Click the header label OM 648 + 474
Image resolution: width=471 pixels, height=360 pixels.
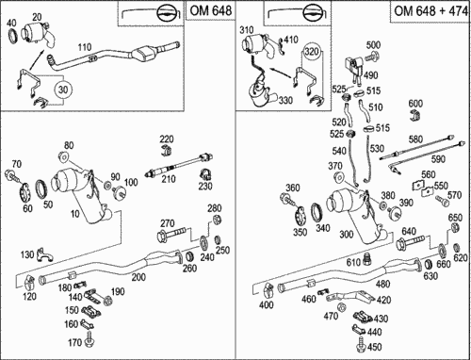pyautogui.click(x=430, y=11)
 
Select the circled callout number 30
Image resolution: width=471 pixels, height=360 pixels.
pyautogui.click(x=63, y=90)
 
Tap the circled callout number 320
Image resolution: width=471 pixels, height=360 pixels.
pyautogui.click(x=312, y=52)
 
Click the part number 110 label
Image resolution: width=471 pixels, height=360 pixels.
pyautogui.click(x=85, y=47)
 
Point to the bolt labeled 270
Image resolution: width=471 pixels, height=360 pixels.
pyautogui.click(x=171, y=235)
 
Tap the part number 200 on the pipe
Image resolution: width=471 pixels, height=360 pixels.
pyautogui.click(x=138, y=277)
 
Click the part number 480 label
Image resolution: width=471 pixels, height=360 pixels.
pyautogui.click(x=382, y=284)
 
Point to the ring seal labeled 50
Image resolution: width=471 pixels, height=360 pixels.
pyautogui.click(x=41, y=188)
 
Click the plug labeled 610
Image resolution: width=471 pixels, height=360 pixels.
pyautogui.click(x=365, y=259)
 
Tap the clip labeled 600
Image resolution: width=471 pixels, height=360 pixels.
pyautogui.click(x=415, y=115)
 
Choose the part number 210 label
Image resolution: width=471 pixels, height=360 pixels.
pyautogui.click(x=169, y=179)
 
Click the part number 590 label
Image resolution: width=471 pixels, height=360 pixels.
pyautogui.click(x=438, y=159)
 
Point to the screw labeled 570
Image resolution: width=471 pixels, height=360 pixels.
pyautogui.click(x=442, y=200)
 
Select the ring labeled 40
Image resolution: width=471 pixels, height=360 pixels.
pyautogui.click(x=13, y=37)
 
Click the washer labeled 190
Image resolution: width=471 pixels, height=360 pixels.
pyautogui.click(x=107, y=301)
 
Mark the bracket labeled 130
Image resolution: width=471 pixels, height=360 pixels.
pyautogui.click(x=44, y=254)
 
